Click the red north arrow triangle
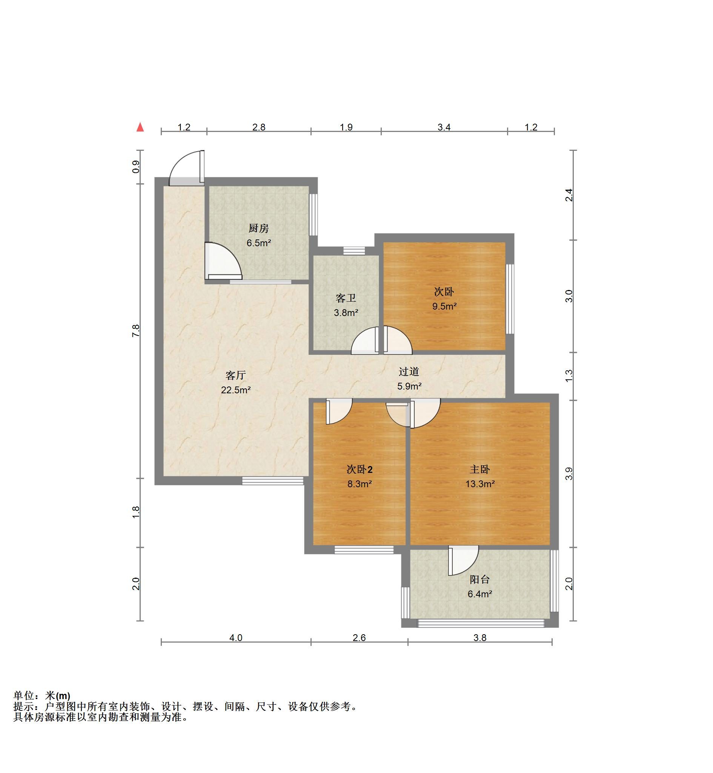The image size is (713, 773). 140,127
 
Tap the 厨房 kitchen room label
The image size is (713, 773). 258,229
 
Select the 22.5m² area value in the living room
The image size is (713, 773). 236,390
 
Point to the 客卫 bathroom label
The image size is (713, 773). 346,298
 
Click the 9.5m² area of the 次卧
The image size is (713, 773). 444,306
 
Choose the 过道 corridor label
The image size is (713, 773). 409,371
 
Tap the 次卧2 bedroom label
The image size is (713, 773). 359,469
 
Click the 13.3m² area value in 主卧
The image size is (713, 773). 480,483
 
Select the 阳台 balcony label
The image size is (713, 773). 479,579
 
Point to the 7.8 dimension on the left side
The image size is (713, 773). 135,331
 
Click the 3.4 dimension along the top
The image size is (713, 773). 444,127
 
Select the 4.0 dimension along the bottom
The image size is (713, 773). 236,638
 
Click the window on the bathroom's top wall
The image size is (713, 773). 354,251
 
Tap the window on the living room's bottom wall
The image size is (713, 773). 273,481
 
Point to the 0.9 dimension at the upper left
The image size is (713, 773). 135,167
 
